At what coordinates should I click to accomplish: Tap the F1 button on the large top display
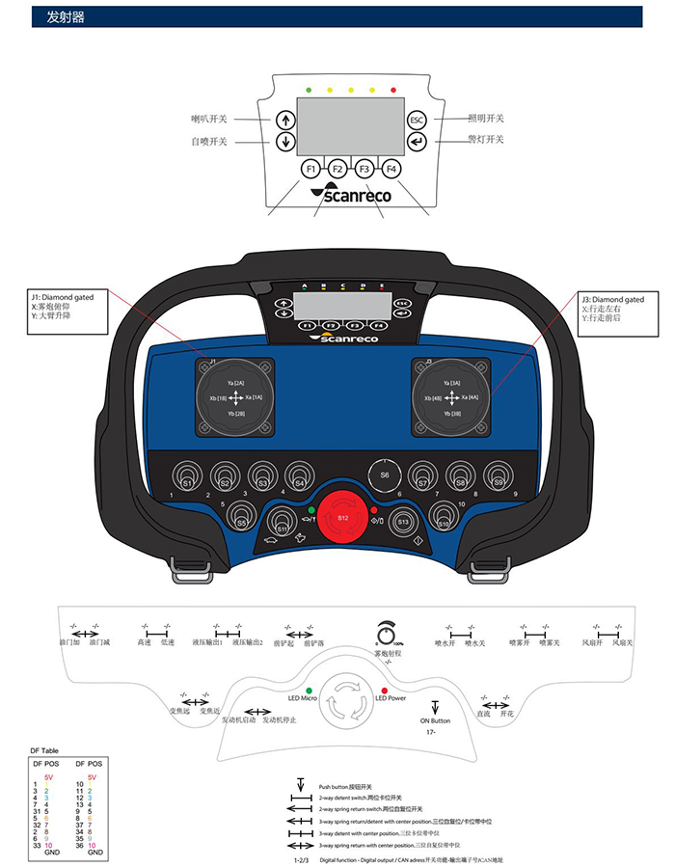(x=310, y=169)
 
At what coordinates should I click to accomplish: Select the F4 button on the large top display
(x=391, y=169)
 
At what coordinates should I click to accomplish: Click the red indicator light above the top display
(x=393, y=89)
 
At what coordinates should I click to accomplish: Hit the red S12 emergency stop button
(x=342, y=519)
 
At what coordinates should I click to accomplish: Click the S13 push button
(x=404, y=522)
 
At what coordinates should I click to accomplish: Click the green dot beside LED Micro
(x=309, y=692)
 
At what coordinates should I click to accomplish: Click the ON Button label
(x=435, y=720)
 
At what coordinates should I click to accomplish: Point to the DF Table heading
(x=44, y=749)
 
